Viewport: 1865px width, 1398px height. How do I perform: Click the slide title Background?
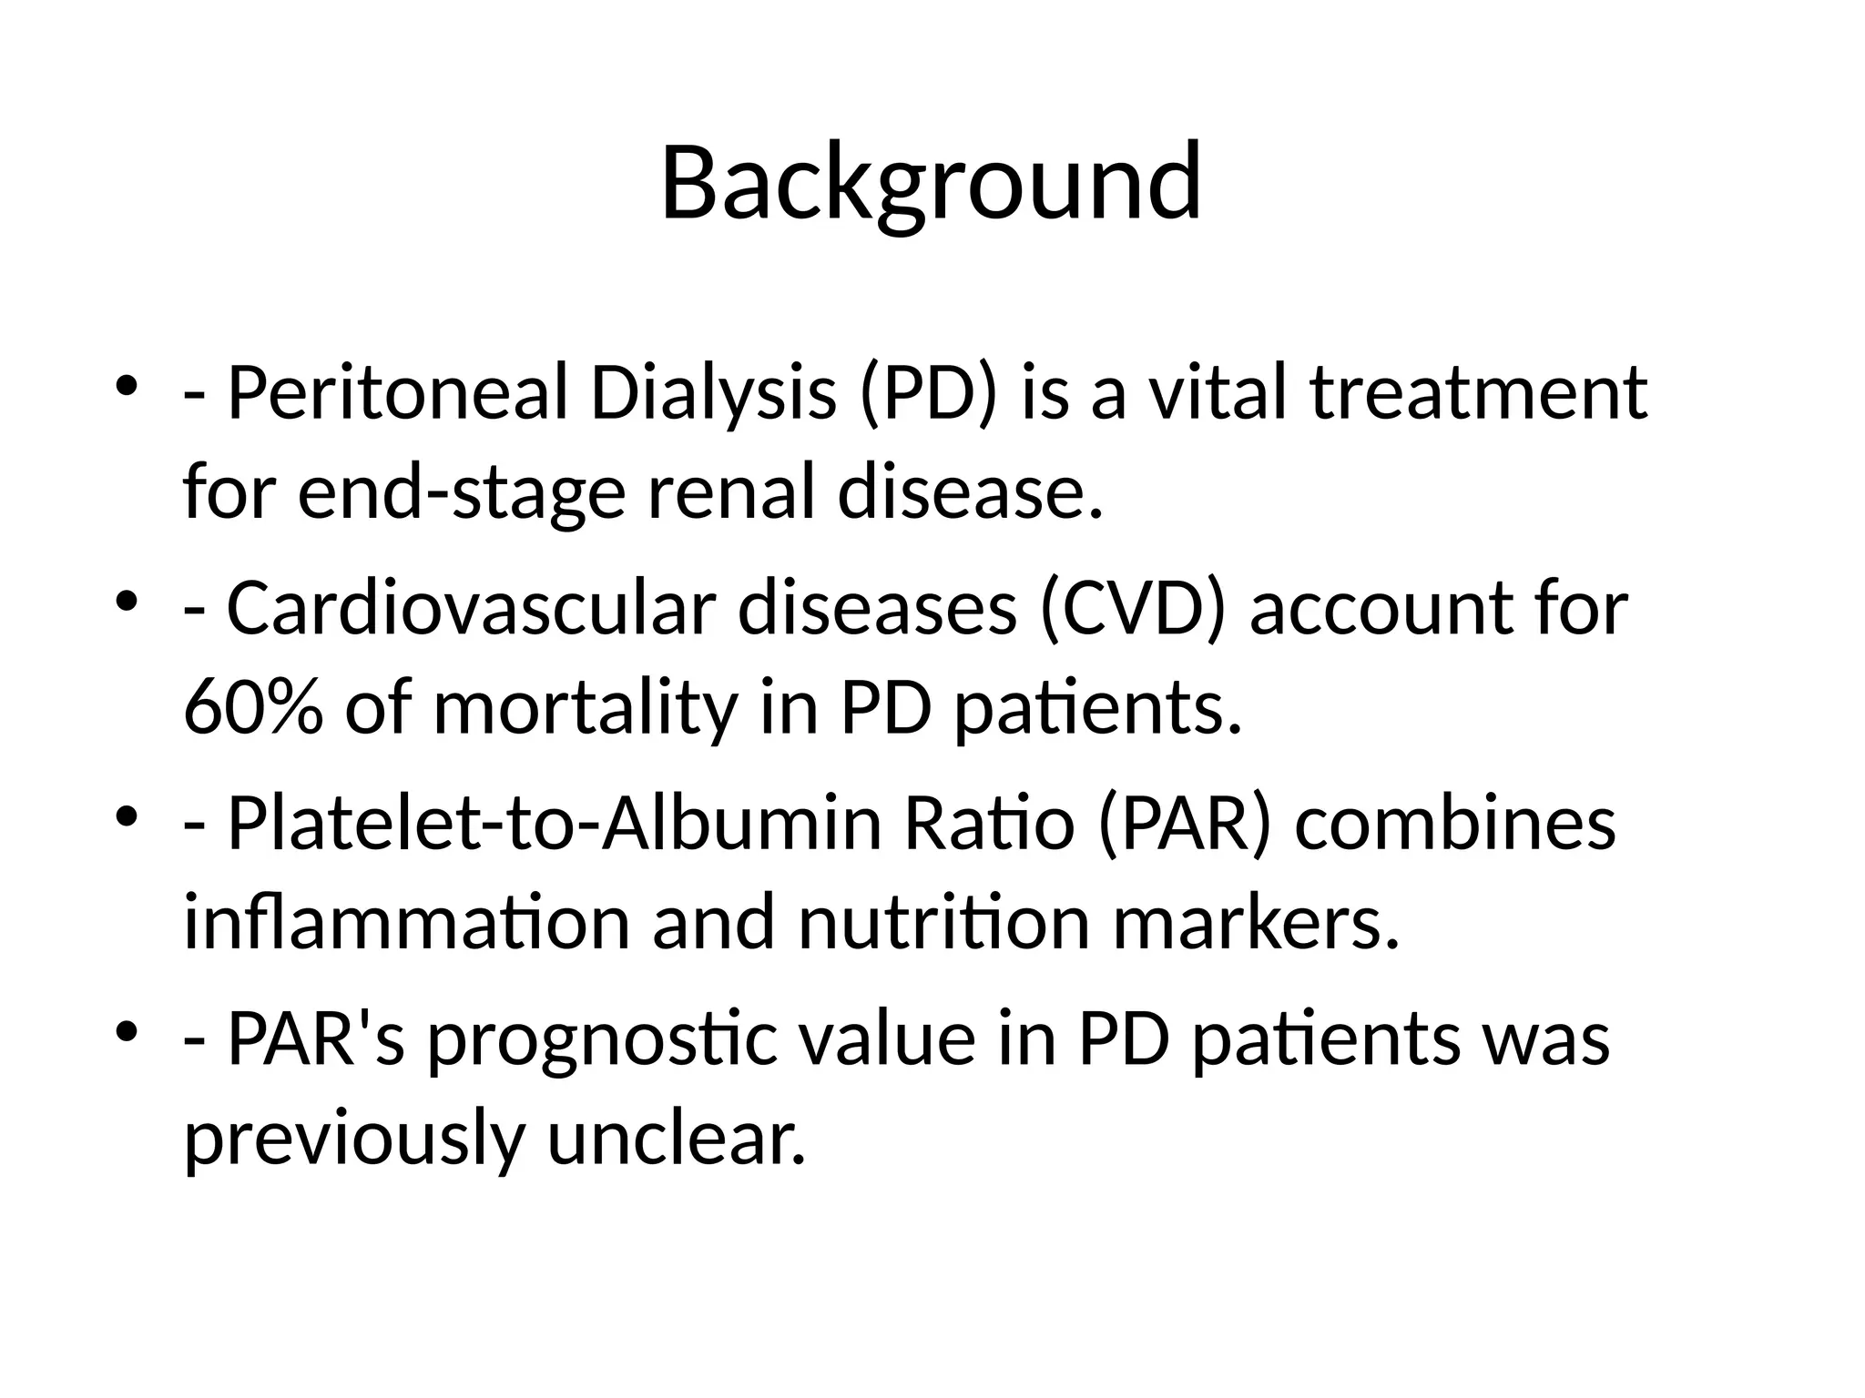tap(931, 184)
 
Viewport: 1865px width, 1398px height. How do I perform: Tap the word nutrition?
tap(943, 923)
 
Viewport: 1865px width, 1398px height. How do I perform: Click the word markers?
tap(1255, 923)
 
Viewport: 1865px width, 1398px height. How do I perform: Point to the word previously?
tap(352, 1140)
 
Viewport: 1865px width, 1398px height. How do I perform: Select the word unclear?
tap(677, 1140)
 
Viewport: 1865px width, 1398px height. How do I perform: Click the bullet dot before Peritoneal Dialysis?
tap(127, 385)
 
